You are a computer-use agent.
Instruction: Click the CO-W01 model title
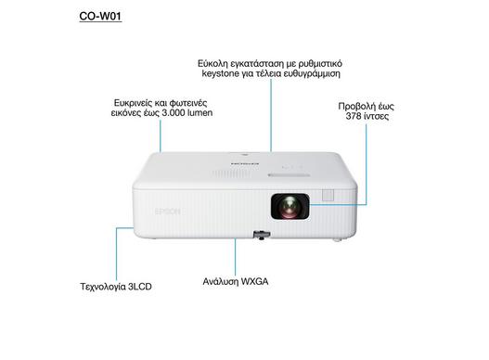click(x=100, y=16)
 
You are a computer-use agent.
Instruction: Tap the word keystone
click(x=220, y=74)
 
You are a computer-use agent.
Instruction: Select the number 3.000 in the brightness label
click(x=174, y=112)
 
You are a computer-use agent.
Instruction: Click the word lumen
click(x=199, y=112)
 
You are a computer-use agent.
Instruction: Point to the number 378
click(x=354, y=116)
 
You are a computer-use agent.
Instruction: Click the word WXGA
click(x=254, y=281)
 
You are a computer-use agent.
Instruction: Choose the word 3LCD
click(x=140, y=287)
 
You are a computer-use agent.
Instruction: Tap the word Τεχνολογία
click(x=103, y=287)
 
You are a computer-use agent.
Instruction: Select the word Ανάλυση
click(x=221, y=282)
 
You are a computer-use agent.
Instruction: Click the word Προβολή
click(x=355, y=107)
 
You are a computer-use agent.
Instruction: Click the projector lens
click(x=290, y=206)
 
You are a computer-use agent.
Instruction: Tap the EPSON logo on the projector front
click(x=168, y=212)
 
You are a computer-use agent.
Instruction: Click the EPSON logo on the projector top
click(x=245, y=163)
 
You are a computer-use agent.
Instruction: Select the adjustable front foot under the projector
click(x=262, y=235)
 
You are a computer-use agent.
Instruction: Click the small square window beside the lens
click(x=328, y=195)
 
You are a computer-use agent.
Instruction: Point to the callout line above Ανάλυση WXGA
click(x=235, y=257)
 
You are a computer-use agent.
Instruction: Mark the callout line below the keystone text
click(x=271, y=115)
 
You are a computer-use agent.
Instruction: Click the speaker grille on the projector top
click(x=225, y=174)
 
